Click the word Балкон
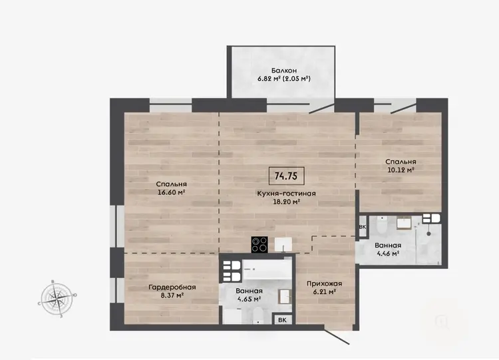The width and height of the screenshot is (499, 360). coord(284,71)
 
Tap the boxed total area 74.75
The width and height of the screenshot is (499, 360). coord(286,176)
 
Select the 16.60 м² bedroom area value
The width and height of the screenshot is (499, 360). coord(171,192)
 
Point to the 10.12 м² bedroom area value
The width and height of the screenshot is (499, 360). coord(401,170)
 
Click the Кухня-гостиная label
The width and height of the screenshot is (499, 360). coord(286,193)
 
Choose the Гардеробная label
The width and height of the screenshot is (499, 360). coord(172,287)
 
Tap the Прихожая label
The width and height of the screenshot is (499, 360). coord(324,283)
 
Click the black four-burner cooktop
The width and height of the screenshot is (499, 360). coord(259,245)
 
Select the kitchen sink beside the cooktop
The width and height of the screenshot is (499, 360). coord(283,245)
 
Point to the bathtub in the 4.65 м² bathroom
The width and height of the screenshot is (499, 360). coord(267,270)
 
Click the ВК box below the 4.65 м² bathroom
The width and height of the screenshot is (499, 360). coord(282,320)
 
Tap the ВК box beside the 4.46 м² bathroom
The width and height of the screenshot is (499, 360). coord(363,227)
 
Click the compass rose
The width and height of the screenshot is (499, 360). coord(57,299)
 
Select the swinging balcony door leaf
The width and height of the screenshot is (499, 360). coord(322,106)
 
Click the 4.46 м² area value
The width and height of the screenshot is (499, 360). coord(388,254)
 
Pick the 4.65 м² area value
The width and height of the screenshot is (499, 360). coord(249,299)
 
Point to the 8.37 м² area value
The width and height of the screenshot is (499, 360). coord(172,295)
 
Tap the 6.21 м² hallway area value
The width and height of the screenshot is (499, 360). coord(324,291)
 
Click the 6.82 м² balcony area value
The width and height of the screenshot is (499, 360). coord(269,79)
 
